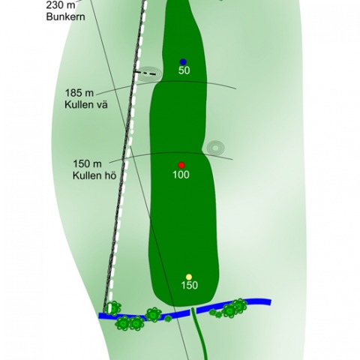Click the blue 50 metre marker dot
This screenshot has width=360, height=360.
click(x=183, y=61)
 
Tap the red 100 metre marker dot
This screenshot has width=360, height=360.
click(x=181, y=165)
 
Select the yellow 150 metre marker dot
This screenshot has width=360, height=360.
click(x=189, y=277)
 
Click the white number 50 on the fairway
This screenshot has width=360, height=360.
click(x=184, y=70)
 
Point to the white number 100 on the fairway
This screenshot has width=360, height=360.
click(x=181, y=175)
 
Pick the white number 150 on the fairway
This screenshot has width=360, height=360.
click(x=190, y=285)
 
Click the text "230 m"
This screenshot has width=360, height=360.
click(x=61, y=5)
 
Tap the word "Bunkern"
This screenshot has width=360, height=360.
click(x=66, y=16)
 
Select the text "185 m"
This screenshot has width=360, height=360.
click(x=79, y=93)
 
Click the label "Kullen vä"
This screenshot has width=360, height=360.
click(x=86, y=104)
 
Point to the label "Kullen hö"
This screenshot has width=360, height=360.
click(x=94, y=175)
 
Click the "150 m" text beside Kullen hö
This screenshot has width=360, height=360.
click(x=87, y=163)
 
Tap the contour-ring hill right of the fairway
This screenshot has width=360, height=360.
click(x=215, y=148)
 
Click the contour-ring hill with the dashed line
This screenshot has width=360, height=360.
click(x=149, y=74)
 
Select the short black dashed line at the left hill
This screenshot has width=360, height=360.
click(x=145, y=73)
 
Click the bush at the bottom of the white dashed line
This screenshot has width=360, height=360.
click(x=112, y=308)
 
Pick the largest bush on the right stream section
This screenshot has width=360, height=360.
click(x=230, y=310)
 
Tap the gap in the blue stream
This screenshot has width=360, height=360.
click(x=193, y=312)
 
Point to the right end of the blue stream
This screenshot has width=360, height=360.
click(x=270, y=302)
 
